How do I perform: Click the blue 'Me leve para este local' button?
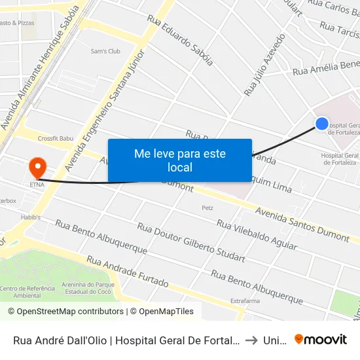pos(180,160)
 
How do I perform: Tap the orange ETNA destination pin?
pos(37,167)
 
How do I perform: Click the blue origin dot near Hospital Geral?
pos(322,123)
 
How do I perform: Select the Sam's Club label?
pos(105,51)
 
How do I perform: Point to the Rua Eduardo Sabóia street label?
pos(180,41)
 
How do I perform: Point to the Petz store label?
pos(207,208)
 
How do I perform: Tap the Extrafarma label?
pos(245,300)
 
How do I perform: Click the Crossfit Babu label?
pos(56,139)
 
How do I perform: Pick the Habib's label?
pos(30,217)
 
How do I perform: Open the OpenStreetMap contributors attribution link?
pos(66,312)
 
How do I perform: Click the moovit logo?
pos(320,339)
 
